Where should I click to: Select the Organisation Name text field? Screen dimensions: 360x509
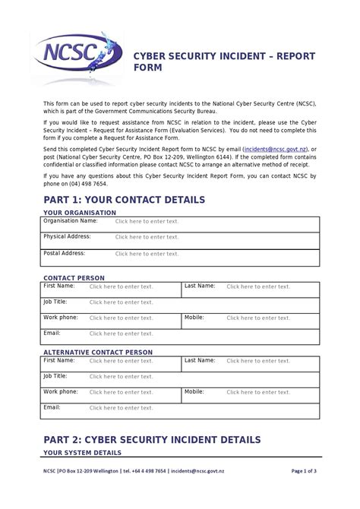147,222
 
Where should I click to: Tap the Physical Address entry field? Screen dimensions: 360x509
147,238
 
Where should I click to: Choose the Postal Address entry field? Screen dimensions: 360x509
147,254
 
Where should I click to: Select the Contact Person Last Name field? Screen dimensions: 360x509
258,287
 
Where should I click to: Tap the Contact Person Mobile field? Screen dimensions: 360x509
258,318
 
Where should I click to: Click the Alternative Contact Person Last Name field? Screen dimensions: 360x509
258,361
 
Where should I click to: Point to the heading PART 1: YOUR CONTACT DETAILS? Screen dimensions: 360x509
124,200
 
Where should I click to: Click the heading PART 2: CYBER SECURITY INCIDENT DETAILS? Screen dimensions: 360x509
152,440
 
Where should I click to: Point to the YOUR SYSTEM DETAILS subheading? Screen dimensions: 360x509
82,454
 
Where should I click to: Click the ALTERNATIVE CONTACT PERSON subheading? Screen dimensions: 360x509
98,353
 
